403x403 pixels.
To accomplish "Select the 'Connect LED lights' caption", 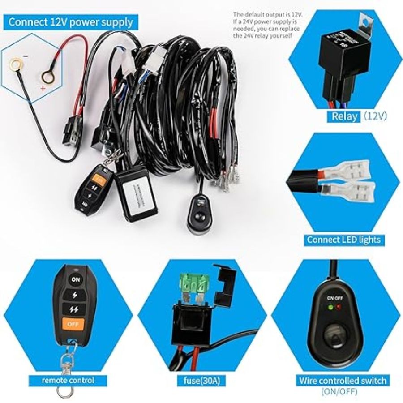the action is click(x=343, y=240).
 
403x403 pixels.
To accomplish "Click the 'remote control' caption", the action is click(x=69, y=381).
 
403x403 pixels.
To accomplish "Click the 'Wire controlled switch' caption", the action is click(x=343, y=381).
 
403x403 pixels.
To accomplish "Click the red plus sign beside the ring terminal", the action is click(x=43, y=89).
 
